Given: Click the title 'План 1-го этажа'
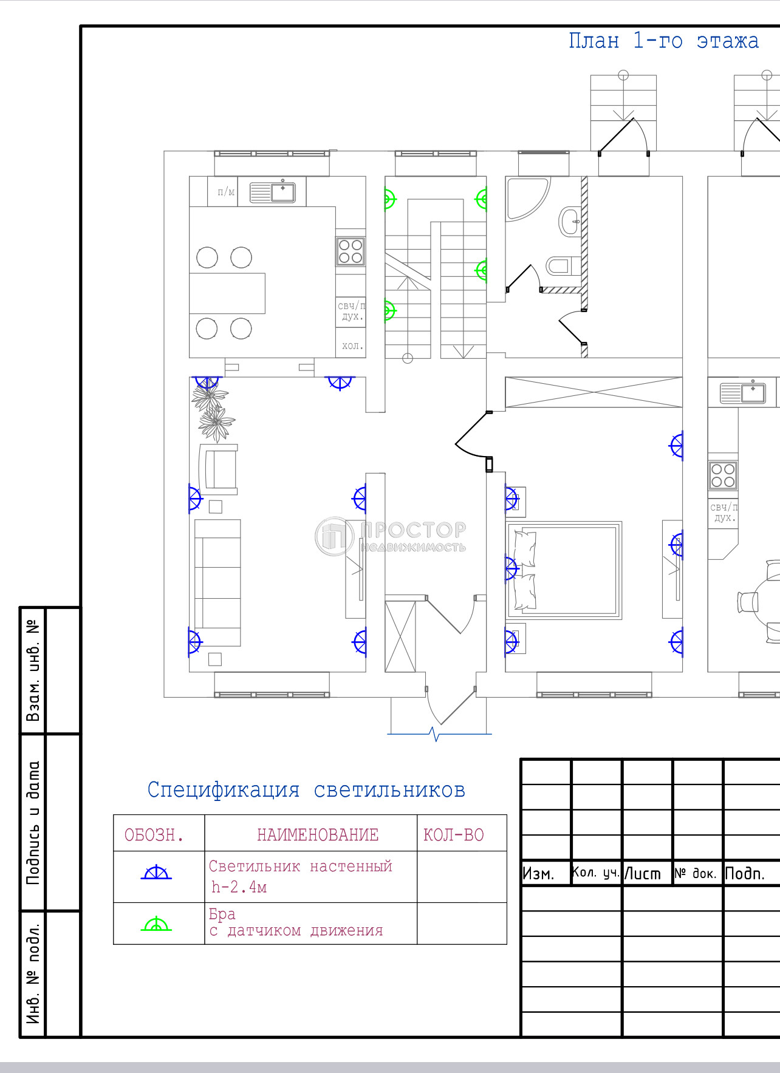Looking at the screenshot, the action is tap(663, 41).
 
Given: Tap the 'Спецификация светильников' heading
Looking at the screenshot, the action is tap(306, 789).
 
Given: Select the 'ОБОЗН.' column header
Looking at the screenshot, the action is tap(154, 835).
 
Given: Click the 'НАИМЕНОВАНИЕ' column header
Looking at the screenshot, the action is tap(318, 835).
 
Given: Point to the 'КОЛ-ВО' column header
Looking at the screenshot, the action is tap(454, 835).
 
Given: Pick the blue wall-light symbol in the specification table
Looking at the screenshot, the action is tap(156, 872).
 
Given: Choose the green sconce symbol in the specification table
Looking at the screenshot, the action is tap(156, 924).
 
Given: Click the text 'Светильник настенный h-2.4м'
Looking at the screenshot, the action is tap(301, 876).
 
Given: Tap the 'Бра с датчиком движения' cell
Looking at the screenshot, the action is tap(296, 922).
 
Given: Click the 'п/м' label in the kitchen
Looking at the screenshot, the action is tap(226, 192).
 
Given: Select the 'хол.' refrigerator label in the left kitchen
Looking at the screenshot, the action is tap(352, 346).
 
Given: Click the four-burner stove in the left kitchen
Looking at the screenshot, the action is tap(351, 251).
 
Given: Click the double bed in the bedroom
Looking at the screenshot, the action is tap(564, 570).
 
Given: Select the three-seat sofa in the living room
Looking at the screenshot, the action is tap(217, 582).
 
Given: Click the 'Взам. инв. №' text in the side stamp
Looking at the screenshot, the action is tap(33, 670).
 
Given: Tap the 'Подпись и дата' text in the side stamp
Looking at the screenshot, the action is tap(33, 823).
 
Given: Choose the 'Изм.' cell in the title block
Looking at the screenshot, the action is tap(538, 874).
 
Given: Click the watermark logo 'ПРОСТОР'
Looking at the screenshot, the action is tap(391, 536).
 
